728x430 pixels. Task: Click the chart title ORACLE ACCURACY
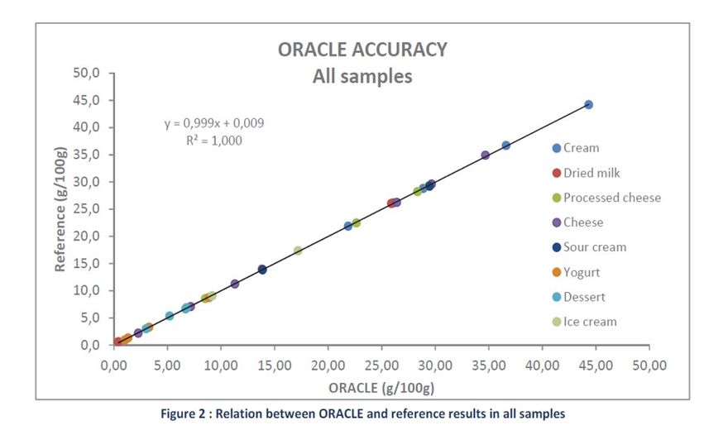coord(362,50)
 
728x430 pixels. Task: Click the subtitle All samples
coord(362,77)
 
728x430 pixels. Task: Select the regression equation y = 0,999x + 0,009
coord(214,123)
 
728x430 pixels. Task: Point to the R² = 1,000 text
coord(214,141)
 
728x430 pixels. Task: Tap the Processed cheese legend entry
coord(611,198)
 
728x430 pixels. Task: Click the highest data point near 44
coord(588,105)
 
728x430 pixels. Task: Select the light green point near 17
coord(298,251)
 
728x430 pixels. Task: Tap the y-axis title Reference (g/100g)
coord(60,208)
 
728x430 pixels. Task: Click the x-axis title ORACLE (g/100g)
coord(381,387)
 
